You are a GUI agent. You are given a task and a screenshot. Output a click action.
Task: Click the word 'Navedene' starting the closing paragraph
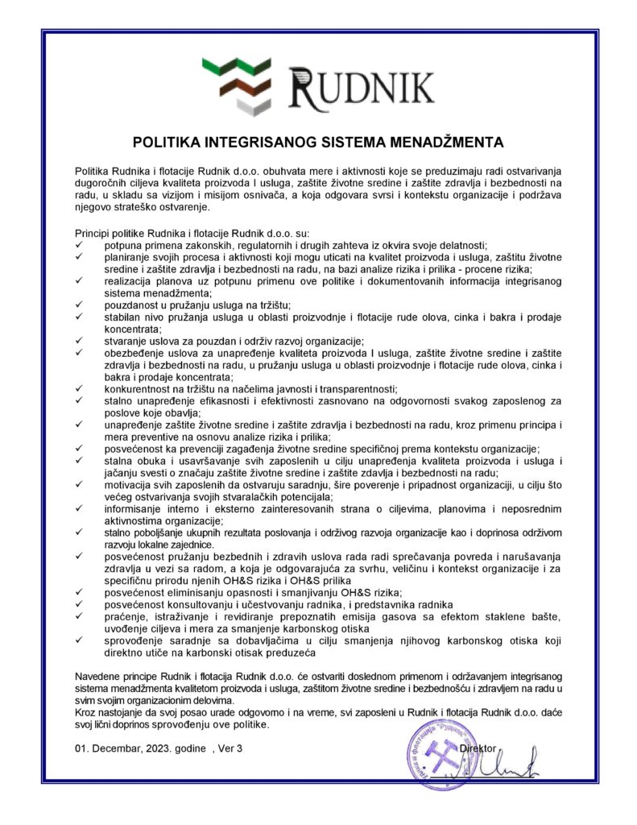pos(99,674)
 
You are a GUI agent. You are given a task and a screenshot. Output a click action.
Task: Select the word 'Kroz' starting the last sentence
pos(85,713)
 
